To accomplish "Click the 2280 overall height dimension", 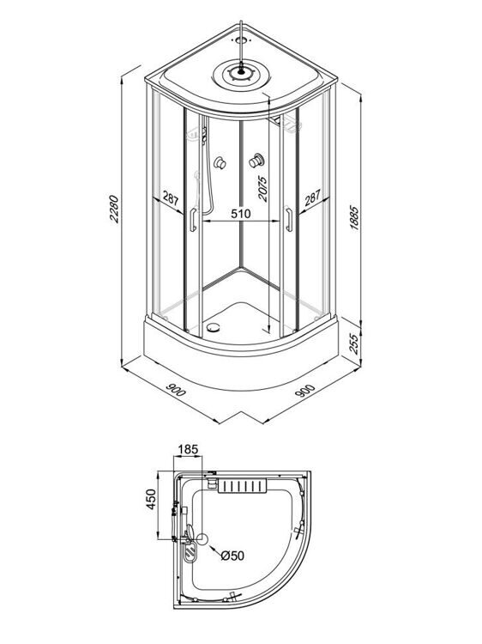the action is click(115, 209).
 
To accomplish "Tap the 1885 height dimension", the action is click(354, 218).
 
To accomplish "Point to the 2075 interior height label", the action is click(262, 189).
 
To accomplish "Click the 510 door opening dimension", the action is click(241, 214).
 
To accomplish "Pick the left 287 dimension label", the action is click(170, 198).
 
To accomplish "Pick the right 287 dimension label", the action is click(312, 198).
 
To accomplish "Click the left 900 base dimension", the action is click(176, 390).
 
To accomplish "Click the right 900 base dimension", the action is click(305, 390).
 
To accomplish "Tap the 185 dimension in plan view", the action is click(188, 449).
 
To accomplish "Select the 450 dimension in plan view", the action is click(151, 500).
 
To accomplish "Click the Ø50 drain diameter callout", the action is click(232, 556).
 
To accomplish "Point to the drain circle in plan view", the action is click(203, 539).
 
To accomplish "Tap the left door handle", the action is click(193, 220).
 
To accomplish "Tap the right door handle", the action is click(289, 220).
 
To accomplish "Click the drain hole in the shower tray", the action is click(213, 327).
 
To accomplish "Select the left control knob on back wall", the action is click(220, 162).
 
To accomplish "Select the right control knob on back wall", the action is click(256, 161).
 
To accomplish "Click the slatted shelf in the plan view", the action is click(242, 486).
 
